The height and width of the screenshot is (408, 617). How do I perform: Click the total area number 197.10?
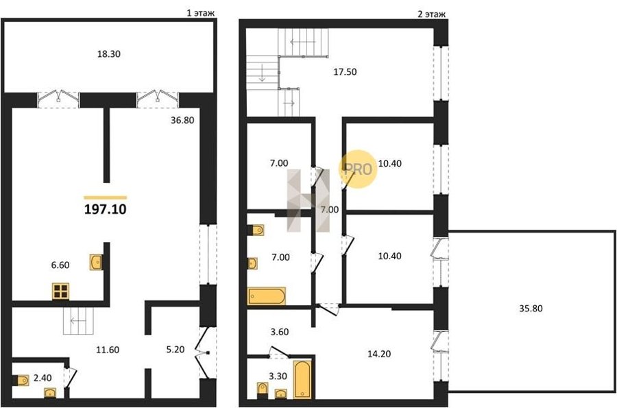105,209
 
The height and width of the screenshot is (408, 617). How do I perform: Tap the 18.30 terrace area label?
109,54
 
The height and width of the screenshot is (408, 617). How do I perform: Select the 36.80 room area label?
182,120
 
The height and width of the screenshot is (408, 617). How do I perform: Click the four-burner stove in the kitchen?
60,291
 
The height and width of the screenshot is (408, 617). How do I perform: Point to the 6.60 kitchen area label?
60,265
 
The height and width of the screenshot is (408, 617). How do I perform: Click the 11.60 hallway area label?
108,350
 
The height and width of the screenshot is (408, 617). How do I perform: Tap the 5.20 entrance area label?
175,350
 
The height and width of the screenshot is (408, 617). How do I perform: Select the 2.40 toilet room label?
43,378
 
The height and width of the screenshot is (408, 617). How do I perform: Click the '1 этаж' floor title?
201,13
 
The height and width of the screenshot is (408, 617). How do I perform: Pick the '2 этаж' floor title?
431,14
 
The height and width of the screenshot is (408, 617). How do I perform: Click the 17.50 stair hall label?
345,71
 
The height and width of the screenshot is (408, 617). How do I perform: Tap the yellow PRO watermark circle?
358,169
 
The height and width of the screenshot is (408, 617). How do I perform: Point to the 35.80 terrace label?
531,309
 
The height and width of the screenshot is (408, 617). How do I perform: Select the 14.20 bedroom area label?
379,354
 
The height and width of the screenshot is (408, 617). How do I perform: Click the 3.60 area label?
280,332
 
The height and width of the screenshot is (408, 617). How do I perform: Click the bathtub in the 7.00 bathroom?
267,296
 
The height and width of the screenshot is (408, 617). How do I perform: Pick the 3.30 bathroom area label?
278,376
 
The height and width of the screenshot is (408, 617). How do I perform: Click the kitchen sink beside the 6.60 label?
96,263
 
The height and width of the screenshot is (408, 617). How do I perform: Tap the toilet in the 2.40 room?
21,380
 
